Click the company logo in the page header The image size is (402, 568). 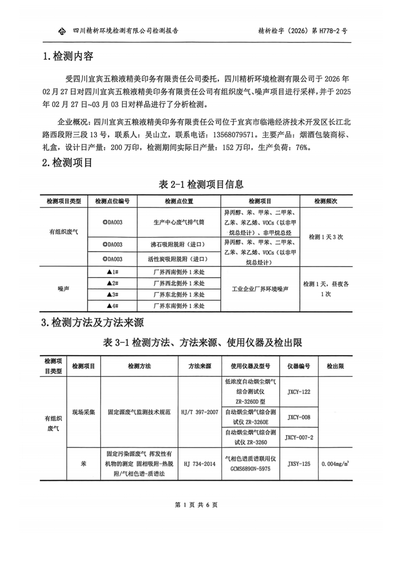[x=62, y=32]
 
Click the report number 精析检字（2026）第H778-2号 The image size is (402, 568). [x=302, y=31]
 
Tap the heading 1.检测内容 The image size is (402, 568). [x=68, y=56]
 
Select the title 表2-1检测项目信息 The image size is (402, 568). [x=201, y=184]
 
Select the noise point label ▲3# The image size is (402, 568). [x=112, y=295]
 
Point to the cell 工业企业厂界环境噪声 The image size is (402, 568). [x=260, y=289]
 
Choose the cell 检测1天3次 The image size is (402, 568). [x=326, y=237]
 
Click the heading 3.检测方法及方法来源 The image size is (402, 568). [x=93, y=323]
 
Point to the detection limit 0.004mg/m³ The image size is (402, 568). [x=336, y=464]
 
